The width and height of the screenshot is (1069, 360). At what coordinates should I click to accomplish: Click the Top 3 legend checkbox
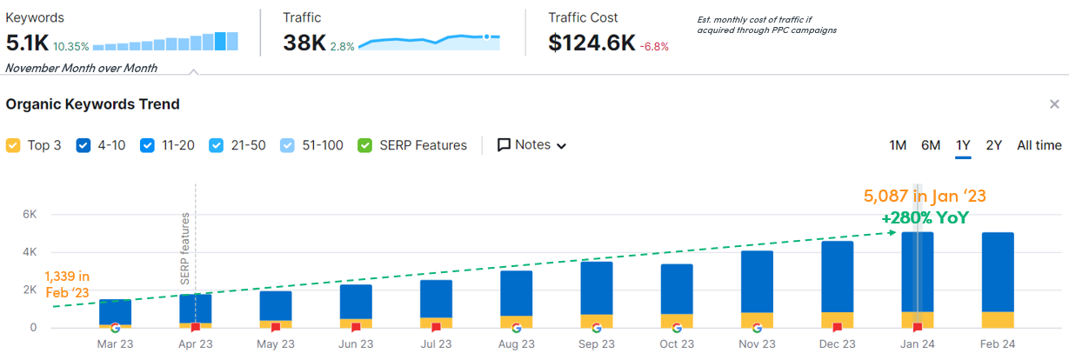click(13, 146)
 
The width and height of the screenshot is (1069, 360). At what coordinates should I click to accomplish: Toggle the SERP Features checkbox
click(365, 146)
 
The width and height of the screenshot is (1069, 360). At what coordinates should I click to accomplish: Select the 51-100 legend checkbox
click(289, 146)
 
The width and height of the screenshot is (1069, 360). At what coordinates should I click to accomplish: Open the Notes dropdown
click(531, 145)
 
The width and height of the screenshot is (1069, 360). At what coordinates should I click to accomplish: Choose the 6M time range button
click(931, 145)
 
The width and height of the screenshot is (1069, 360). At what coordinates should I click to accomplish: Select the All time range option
click(1039, 145)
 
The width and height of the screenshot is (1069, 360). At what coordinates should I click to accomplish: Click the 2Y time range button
click(994, 145)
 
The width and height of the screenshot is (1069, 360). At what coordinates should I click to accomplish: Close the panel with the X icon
click(1054, 104)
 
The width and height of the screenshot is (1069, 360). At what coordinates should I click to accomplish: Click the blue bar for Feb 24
click(998, 271)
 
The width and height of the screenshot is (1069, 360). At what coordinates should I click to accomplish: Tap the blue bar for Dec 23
click(838, 277)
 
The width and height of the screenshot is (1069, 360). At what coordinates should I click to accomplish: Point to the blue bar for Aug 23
click(517, 293)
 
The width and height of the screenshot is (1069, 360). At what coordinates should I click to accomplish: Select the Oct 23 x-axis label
click(677, 343)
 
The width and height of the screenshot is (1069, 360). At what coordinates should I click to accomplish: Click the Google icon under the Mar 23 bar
click(115, 328)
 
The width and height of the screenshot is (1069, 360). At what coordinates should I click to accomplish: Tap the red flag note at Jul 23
click(436, 328)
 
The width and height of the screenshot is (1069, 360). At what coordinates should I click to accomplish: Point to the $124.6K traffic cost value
click(591, 43)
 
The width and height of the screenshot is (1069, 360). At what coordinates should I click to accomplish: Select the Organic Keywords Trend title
click(93, 104)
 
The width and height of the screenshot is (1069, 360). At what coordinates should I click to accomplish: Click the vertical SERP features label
click(184, 249)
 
